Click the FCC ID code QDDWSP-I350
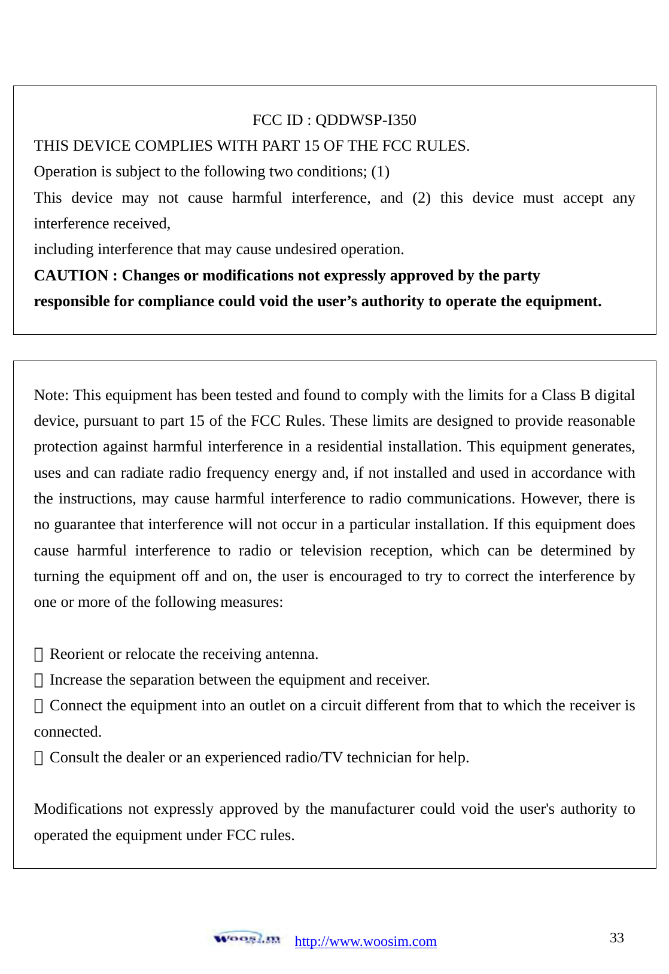tap(365, 120)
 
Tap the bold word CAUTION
tap(71, 276)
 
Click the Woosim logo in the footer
tap(247, 938)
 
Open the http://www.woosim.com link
tap(366, 942)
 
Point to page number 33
tap(616, 938)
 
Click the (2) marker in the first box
tap(421, 198)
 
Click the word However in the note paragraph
tap(549, 499)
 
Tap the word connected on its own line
tap(67, 732)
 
